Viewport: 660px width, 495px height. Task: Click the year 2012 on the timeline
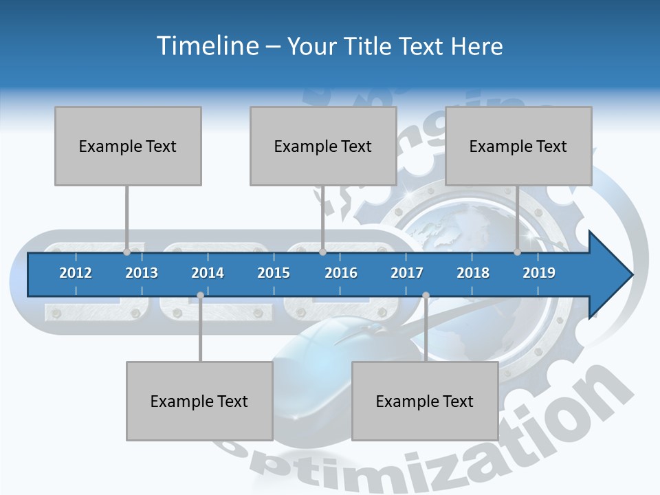click(x=76, y=273)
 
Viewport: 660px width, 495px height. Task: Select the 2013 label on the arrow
click(x=142, y=273)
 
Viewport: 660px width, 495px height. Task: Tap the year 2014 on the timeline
click(x=208, y=273)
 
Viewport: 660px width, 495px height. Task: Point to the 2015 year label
click(x=274, y=273)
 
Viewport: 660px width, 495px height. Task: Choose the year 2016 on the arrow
click(x=341, y=273)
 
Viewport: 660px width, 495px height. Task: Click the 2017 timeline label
click(x=407, y=273)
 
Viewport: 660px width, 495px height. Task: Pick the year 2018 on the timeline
click(x=473, y=273)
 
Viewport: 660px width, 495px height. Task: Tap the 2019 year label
click(x=539, y=273)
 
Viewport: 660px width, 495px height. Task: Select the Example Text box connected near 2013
click(x=128, y=146)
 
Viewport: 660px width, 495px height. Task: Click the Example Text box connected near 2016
click(x=323, y=146)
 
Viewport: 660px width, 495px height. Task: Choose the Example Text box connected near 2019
click(x=518, y=146)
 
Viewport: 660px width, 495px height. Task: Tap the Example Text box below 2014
click(x=199, y=401)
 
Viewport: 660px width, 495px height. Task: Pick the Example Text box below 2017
click(x=425, y=401)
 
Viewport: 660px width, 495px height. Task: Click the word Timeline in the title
click(x=206, y=46)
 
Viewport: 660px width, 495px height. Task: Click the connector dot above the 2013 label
click(x=126, y=252)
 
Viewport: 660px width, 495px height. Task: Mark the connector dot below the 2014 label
click(x=200, y=296)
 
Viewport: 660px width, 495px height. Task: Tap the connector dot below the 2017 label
click(x=426, y=296)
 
